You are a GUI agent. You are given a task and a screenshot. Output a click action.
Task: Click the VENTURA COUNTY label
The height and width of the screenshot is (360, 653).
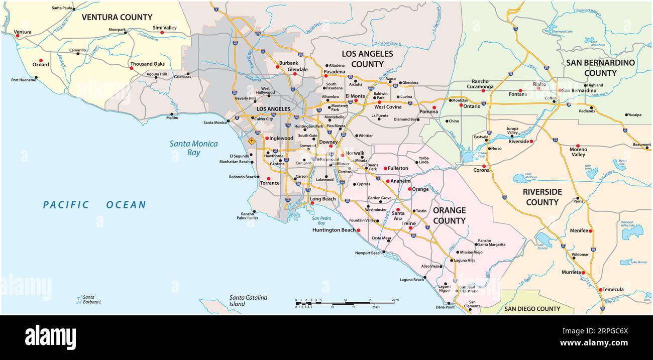coord(117,17)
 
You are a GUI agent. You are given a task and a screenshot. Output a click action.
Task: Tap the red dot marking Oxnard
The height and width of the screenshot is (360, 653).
coord(41,60)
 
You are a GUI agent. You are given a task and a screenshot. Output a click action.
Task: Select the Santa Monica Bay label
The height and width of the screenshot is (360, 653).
coord(193,148)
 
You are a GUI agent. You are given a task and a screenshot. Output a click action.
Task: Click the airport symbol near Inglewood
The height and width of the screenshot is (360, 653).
coord(252,141)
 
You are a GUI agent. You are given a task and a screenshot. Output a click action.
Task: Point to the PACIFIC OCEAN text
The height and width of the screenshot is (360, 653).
coord(94,205)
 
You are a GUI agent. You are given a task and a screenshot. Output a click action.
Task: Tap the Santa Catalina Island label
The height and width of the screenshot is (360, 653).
coord(248,300)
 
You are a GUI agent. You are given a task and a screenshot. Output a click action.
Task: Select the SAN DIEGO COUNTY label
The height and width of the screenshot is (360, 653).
coord(532,309)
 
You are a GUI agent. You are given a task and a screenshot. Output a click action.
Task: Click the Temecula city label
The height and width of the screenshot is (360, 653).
coord(613,290)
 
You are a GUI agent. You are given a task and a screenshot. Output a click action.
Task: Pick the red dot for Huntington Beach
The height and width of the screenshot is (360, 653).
coord(359,230)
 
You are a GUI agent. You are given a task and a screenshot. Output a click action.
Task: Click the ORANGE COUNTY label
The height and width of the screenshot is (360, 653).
coord(449,215)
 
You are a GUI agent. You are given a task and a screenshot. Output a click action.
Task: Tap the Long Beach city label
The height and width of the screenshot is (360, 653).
coord(322,199)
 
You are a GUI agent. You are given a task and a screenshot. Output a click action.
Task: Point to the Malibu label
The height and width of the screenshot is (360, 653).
coord(172,117)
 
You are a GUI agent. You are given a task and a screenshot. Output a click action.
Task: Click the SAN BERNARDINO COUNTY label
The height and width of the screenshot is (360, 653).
coord(600,68)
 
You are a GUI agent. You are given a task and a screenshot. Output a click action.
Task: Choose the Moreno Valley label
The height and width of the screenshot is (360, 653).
coord(578,152)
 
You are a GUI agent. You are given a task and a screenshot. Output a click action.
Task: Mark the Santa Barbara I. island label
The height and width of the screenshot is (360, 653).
coord(92,299)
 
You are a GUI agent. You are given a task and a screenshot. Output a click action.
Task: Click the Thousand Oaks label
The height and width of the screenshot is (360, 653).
coord(147,64)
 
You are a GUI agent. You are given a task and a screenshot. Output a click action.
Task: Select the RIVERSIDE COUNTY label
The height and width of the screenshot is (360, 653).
coord(542,197)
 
